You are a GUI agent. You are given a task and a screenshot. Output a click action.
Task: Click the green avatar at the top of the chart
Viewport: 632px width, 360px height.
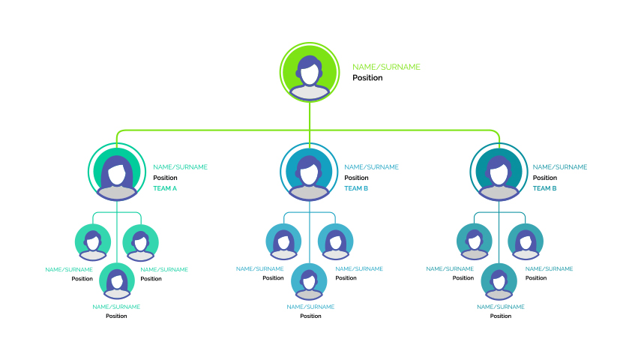pos(310,72)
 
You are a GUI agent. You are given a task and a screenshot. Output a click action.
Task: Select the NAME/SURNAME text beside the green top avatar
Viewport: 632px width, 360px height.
pos(386,67)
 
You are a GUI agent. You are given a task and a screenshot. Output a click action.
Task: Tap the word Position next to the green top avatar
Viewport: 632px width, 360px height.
pos(367,78)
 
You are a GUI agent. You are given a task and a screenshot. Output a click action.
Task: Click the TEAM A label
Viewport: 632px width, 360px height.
pos(165,188)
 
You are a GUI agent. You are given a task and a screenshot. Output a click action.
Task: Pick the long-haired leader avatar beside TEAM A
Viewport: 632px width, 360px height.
pos(117,172)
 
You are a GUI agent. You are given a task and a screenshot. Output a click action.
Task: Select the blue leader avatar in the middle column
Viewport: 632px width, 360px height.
pos(309,172)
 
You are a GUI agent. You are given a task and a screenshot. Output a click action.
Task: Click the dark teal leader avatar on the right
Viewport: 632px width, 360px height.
pos(499,172)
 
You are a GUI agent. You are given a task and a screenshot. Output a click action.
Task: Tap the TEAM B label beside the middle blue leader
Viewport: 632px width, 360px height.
pos(356,188)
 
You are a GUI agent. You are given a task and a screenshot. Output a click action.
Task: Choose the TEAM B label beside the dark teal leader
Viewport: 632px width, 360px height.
pos(544,188)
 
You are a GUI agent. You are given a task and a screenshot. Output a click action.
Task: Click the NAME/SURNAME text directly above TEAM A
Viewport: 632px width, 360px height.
pos(180,167)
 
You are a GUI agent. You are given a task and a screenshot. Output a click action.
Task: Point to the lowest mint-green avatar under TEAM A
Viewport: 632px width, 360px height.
pos(117,281)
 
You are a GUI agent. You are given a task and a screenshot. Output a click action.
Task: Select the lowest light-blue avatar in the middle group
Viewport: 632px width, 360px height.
pos(309,281)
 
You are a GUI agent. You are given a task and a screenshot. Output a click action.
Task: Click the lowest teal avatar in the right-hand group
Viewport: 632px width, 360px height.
pos(499,281)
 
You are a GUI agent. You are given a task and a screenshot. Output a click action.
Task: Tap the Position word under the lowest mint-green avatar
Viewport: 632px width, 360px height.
pos(116,316)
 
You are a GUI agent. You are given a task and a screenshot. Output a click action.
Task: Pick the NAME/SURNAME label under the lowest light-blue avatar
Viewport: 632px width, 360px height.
pos(310,307)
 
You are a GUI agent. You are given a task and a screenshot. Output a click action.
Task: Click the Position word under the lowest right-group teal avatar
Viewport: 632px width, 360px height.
pos(501,316)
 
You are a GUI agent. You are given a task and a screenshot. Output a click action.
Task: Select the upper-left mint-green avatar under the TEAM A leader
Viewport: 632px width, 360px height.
pos(93,242)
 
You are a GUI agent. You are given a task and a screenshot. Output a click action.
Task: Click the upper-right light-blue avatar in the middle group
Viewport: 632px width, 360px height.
pos(335,241)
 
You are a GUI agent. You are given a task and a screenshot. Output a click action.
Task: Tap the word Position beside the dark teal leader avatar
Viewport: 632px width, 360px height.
pos(545,178)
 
